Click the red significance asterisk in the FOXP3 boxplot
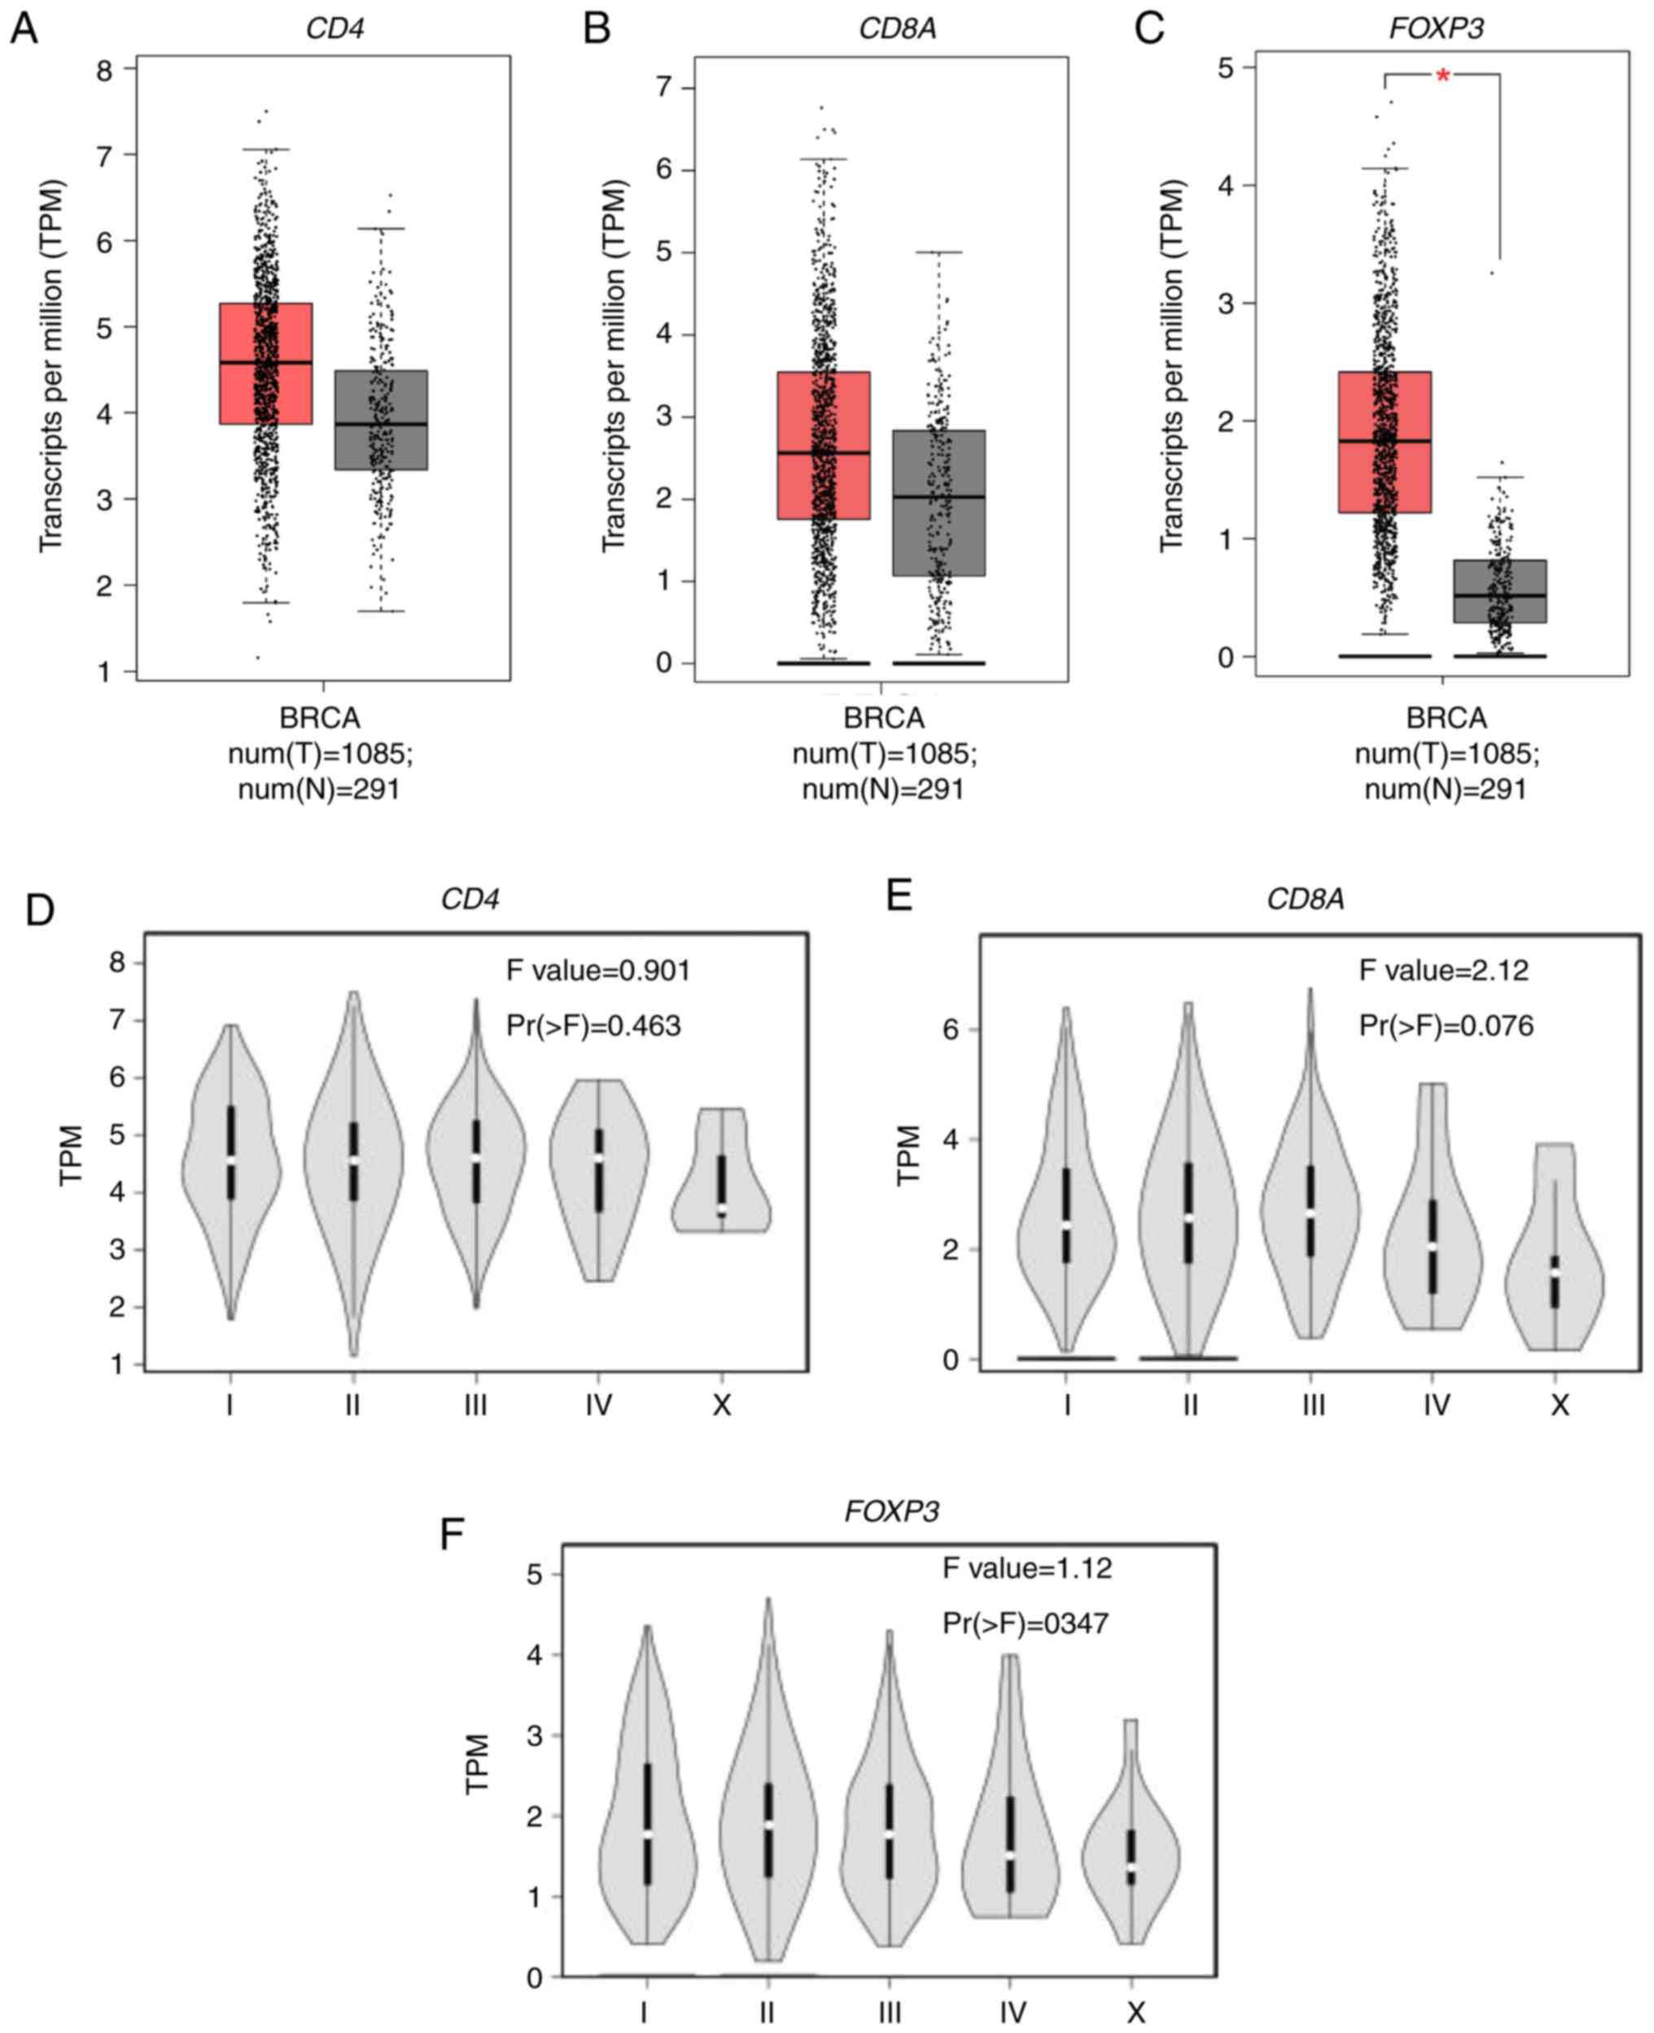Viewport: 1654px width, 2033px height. tap(1442, 77)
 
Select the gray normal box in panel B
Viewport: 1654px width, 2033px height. tap(939, 503)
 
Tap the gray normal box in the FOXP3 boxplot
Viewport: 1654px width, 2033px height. tap(1499, 592)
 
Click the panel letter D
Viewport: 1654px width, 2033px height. tap(39, 910)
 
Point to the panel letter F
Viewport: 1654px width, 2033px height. tap(452, 1535)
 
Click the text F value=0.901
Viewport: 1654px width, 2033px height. tap(597, 971)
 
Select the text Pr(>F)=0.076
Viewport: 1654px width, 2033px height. tap(1446, 1026)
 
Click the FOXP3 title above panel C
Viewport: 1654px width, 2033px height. tap(1436, 28)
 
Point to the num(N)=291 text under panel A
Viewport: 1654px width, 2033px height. tap(318, 789)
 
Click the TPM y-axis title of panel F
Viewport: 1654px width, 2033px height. tap(476, 1764)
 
